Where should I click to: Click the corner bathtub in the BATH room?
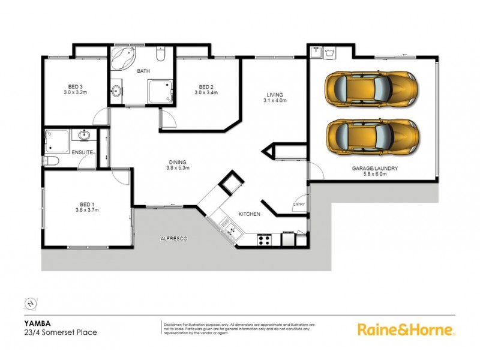pos(124,58)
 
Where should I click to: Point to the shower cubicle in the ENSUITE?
pos(56,142)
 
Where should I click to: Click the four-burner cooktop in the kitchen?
pos(264,240)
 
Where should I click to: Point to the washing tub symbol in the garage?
pos(329,53)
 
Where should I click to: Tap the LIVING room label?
pos(275,94)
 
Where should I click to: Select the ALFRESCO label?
pos(174,239)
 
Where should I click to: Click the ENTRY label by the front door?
pos(299,205)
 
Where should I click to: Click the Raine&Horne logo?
pos(406,329)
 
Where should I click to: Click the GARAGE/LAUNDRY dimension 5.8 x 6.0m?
pos(375,176)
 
